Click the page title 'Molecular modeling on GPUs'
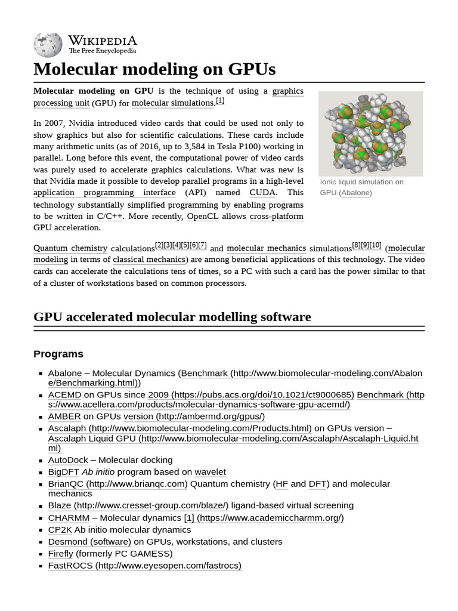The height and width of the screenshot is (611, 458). [x=154, y=69]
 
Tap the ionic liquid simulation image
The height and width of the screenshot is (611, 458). [x=370, y=134]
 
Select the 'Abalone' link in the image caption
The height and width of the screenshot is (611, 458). [x=355, y=193]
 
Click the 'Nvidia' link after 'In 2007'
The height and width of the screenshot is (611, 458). [x=81, y=124]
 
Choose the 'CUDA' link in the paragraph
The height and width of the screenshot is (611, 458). [x=262, y=193]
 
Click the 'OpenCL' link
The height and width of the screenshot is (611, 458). [x=202, y=216]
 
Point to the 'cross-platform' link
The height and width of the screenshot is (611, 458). [x=276, y=216]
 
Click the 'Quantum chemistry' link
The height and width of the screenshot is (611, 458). [x=70, y=248]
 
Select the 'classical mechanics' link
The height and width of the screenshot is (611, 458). [x=149, y=260]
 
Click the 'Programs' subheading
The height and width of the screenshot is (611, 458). [x=58, y=354]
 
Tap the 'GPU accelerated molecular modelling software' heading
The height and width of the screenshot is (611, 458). [x=172, y=317]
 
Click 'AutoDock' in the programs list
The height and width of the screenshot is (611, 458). [x=68, y=460]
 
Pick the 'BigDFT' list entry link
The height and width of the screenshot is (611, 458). [x=63, y=472]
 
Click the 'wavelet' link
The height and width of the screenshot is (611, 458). [x=210, y=472]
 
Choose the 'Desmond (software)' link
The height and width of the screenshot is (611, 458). [x=89, y=542]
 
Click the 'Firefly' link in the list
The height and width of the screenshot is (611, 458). [x=60, y=554]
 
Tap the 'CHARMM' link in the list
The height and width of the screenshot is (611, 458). [x=69, y=518]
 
